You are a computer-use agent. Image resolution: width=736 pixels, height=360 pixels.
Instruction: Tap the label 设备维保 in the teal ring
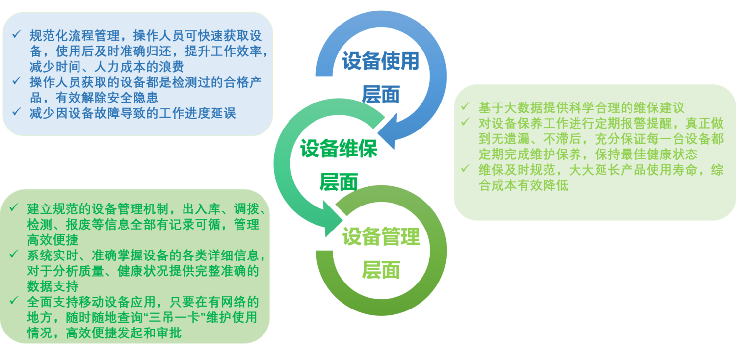click(339, 148)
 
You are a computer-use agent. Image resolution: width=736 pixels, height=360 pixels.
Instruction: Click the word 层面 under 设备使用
click(381, 94)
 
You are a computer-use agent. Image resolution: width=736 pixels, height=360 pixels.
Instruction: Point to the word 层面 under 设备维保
click(339, 181)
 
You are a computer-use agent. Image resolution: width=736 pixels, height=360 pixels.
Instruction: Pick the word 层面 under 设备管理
click(381, 269)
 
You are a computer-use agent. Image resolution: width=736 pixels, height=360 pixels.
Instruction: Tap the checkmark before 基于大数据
click(466, 107)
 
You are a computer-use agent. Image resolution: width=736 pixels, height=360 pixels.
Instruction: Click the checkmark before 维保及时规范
click(466, 169)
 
